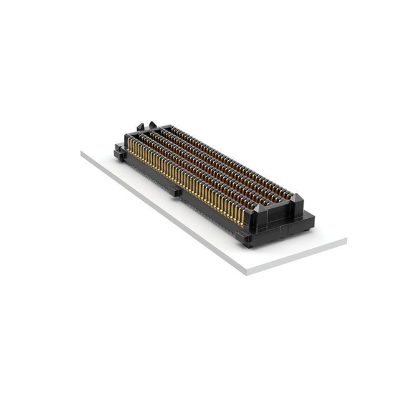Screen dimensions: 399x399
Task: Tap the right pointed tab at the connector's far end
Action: [156, 127]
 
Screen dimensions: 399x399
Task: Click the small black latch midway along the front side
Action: [176, 191]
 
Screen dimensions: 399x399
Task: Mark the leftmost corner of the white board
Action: [82, 153]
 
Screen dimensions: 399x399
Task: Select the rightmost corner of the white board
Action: [346, 240]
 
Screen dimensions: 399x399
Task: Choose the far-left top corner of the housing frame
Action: [127, 134]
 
